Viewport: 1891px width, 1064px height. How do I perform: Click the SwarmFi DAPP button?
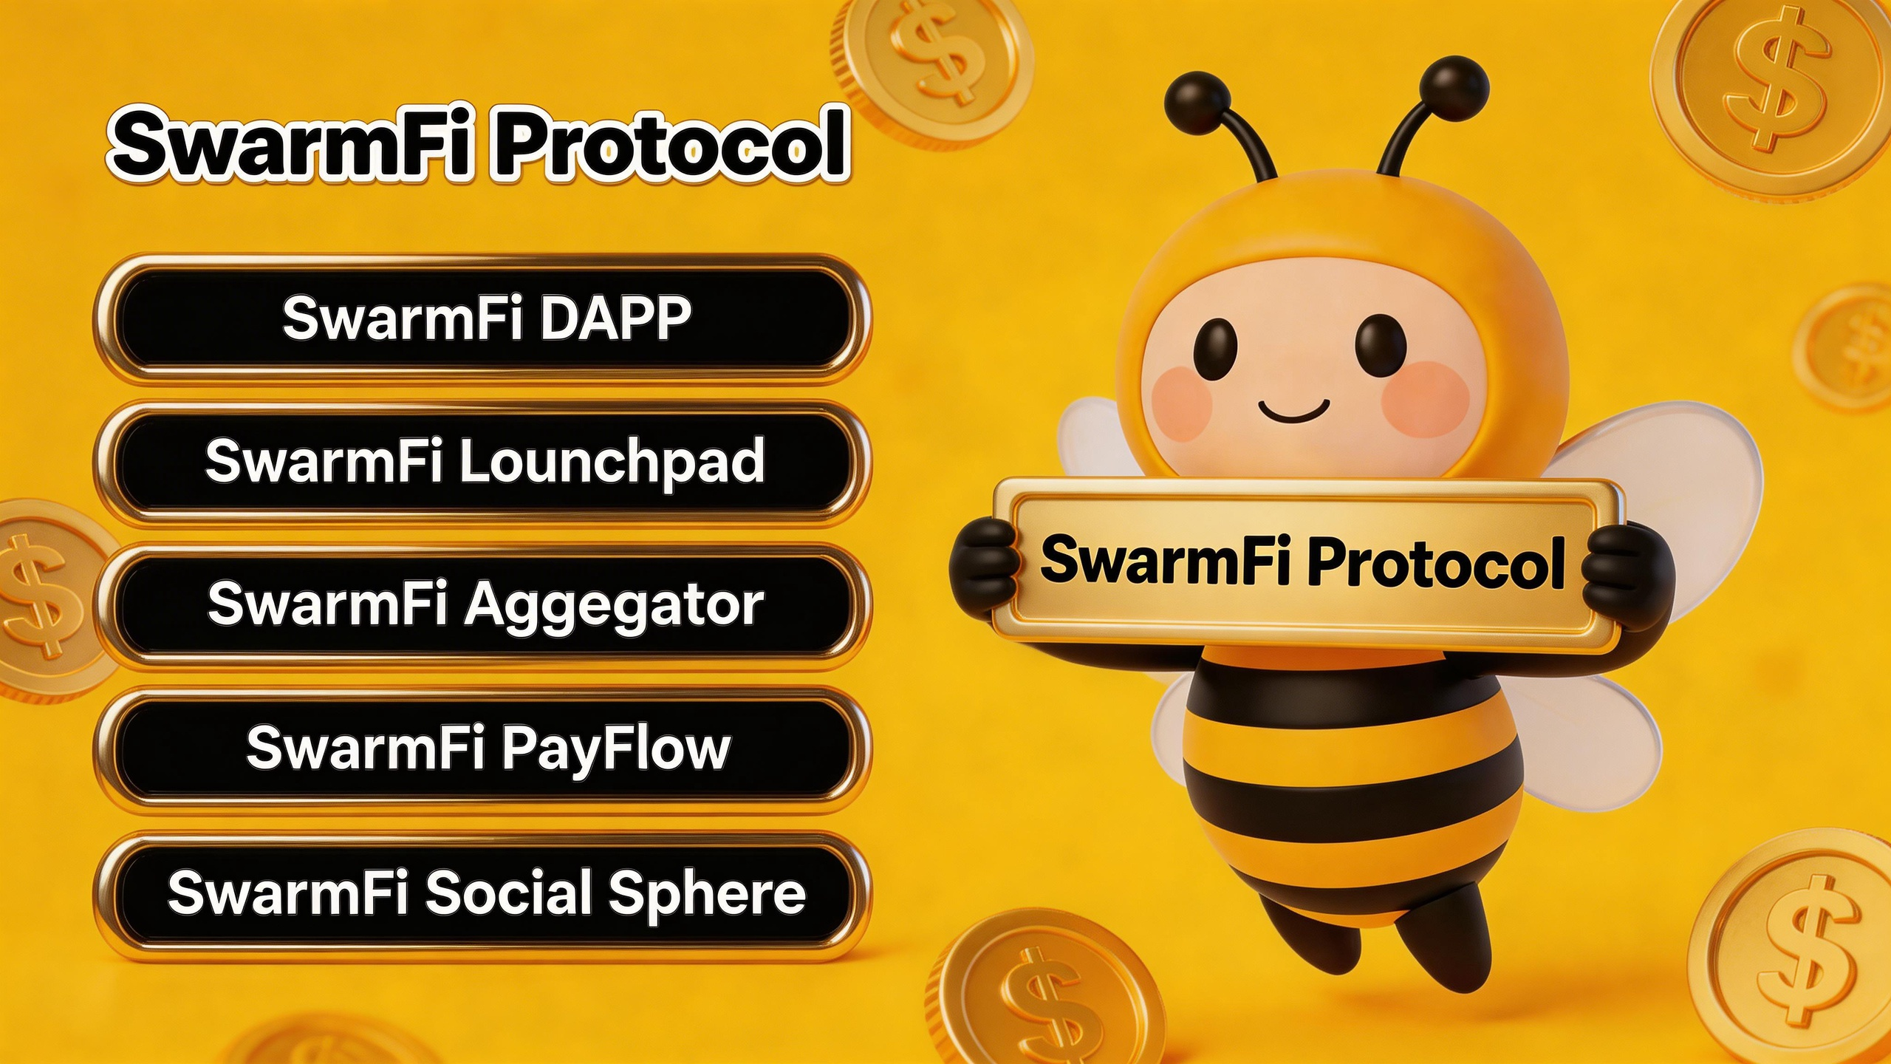pyautogui.click(x=482, y=319)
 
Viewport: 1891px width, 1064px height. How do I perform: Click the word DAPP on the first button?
pyautogui.click(x=616, y=318)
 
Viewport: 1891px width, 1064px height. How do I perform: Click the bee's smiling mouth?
pyautogui.click(x=1293, y=411)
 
